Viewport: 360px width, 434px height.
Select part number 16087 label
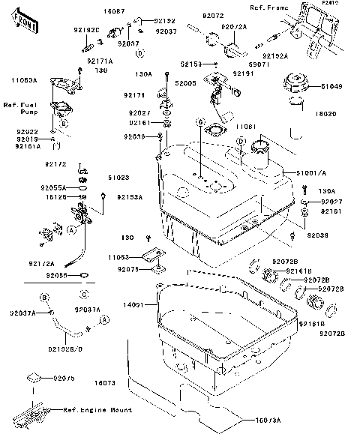(x=115, y=12)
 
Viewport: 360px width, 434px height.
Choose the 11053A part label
(x=23, y=78)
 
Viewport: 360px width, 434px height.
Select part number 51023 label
(x=118, y=178)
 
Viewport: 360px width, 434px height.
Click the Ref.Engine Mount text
(x=97, y=410)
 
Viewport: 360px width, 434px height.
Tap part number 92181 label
(x=331, y=212)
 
